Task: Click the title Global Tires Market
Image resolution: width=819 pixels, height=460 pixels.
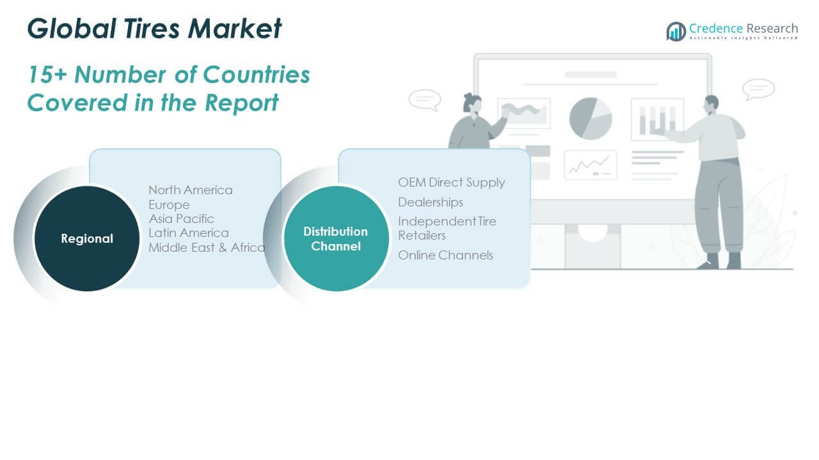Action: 154,29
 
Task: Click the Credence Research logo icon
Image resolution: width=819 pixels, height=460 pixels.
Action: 676,31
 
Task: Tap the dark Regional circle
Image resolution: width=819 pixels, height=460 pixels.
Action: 87,238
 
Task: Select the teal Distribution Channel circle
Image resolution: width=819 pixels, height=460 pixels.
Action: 336,238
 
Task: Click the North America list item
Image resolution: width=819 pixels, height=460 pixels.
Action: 191,190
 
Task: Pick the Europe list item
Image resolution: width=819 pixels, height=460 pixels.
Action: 169,204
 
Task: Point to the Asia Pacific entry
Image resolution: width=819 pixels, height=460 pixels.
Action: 181,218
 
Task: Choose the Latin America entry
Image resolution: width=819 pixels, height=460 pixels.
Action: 188,233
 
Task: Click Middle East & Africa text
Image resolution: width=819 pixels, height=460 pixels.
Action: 207,247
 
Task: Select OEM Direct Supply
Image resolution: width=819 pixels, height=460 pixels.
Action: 451,183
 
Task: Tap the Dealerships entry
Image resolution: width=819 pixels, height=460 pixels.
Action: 430,202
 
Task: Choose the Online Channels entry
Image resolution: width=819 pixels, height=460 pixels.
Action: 445,255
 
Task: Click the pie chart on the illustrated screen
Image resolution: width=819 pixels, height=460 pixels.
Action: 591,118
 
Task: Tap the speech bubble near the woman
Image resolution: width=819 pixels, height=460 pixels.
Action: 424,100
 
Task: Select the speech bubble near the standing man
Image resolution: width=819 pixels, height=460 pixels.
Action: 759,89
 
